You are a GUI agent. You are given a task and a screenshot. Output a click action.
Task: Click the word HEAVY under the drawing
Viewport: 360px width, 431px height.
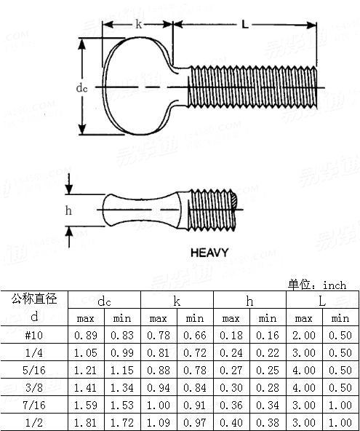[209, 253]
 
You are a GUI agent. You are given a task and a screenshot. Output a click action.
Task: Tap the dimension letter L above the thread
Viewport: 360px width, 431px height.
[245, 25]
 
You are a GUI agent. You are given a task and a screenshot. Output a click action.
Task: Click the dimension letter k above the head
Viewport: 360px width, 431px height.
[138, 25]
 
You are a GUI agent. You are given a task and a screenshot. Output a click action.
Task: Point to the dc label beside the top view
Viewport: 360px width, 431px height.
[81, 88]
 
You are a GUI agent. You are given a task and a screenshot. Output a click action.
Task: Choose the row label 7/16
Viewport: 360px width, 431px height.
[34, 405]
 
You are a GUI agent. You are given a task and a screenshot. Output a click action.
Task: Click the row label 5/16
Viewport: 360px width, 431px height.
[34, 370]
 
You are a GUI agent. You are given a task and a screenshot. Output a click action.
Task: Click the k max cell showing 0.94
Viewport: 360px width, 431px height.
[159, 387]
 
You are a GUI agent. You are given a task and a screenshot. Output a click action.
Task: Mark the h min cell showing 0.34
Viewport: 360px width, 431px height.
[268, 405]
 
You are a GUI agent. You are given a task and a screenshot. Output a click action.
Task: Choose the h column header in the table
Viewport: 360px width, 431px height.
[249, 301]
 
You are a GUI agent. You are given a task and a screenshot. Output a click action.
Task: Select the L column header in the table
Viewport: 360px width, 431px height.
[322, 301]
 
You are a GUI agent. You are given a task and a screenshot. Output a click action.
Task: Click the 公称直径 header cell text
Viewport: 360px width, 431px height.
[34, 299]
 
